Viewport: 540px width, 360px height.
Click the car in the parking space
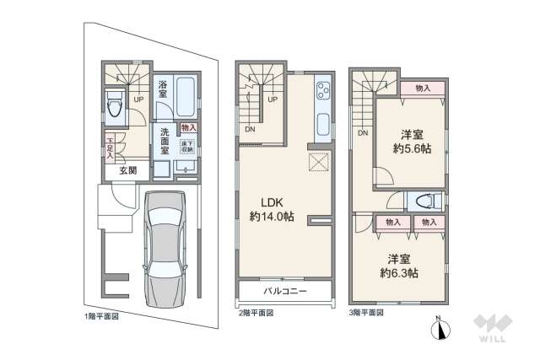(166, 250)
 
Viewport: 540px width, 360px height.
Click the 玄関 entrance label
(127, 169)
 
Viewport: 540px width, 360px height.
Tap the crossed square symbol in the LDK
(319, 163)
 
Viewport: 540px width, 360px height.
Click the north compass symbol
(439, 330)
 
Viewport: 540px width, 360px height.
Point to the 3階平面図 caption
(365, 312)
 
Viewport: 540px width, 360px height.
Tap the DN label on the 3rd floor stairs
(363, 132)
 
